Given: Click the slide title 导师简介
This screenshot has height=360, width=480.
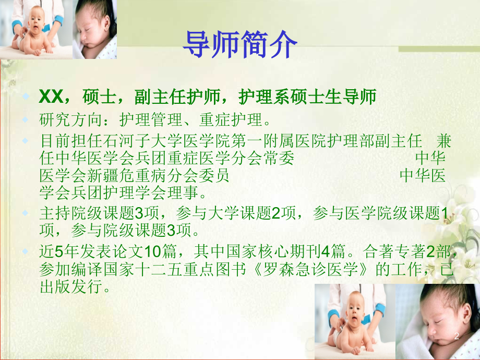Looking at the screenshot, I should (239, 44).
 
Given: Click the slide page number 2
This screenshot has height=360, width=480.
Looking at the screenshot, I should (457, 337).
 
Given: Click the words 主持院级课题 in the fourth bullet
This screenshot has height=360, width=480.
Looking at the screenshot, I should (86, 213).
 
